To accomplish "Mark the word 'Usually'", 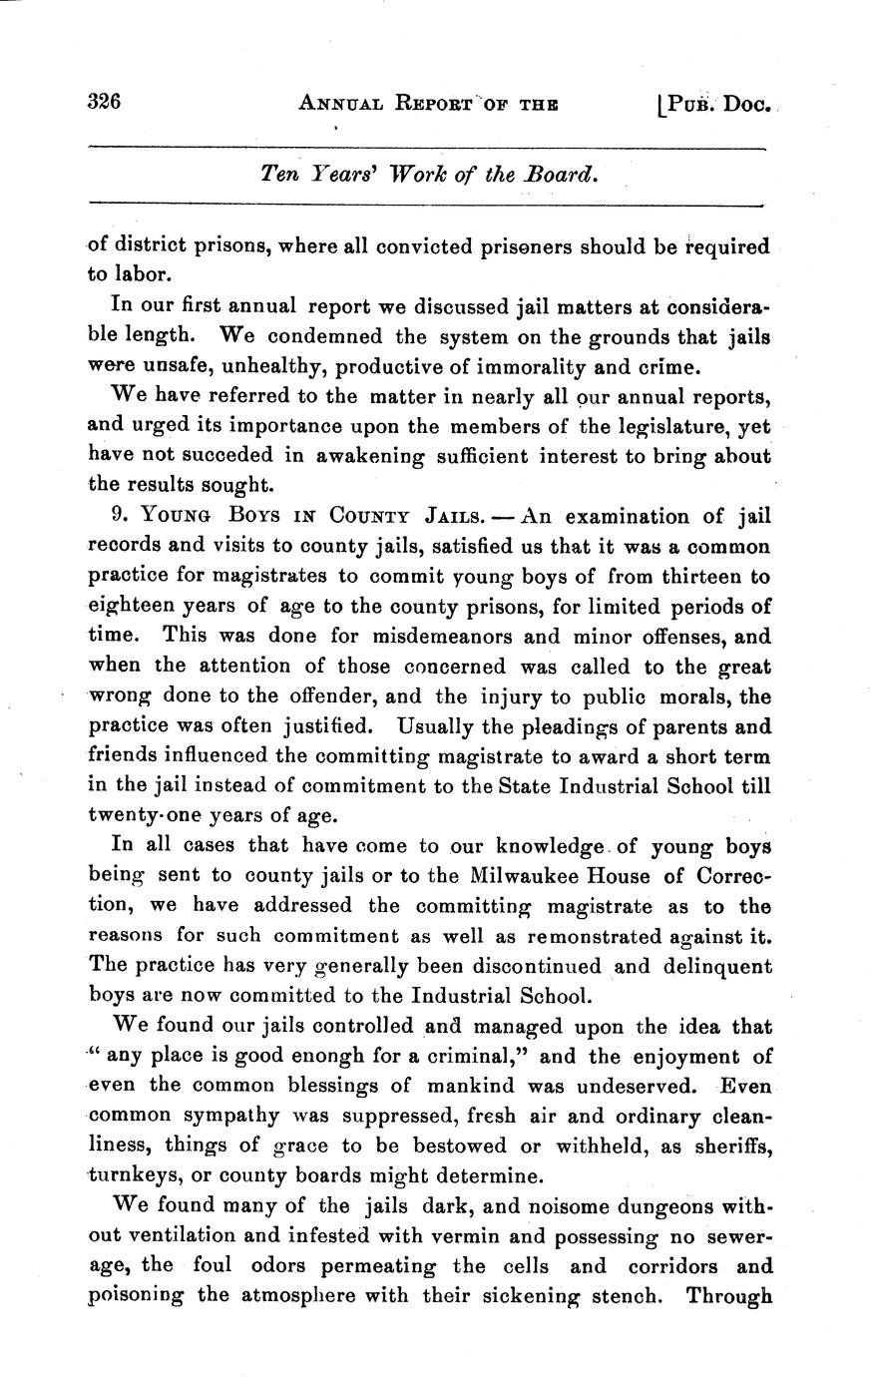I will click(x=435, y=725).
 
